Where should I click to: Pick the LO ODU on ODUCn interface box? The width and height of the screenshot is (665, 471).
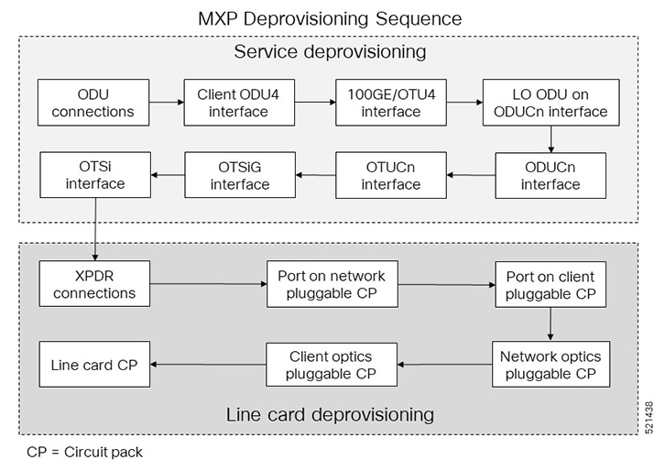545,103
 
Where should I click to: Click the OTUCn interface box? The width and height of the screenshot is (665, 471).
391,175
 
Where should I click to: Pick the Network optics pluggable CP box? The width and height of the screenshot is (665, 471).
551,364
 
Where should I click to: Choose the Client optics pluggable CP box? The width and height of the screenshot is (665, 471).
332,364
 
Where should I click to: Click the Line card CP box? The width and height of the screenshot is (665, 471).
94,364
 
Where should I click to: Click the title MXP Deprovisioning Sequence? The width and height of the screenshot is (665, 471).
330,18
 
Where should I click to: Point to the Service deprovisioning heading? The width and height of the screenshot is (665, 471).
331,51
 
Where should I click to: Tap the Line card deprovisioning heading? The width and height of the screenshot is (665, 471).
331,414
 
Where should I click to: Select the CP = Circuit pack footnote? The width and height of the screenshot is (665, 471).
84,452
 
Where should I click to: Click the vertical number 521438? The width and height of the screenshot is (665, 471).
649,417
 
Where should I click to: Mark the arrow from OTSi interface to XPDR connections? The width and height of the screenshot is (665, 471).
95,229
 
